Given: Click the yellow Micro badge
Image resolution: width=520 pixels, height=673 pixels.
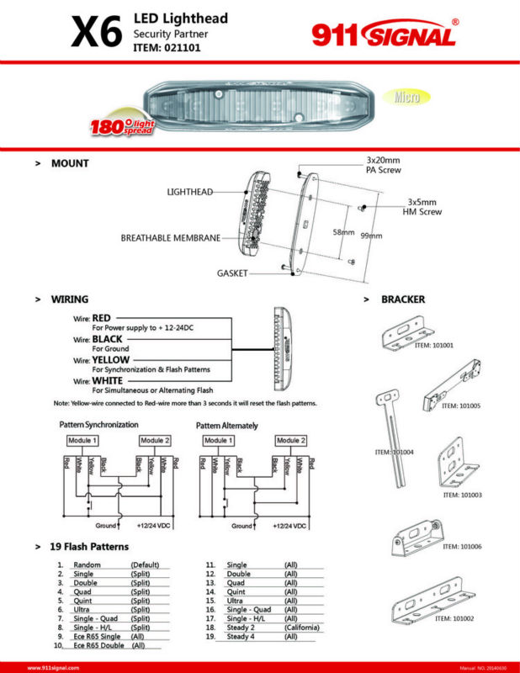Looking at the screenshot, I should (x=407, y=97).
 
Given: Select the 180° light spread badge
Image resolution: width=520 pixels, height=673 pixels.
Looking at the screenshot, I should (x=125, y=125).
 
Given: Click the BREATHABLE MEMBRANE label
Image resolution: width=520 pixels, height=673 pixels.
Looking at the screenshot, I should (x=171, y=238).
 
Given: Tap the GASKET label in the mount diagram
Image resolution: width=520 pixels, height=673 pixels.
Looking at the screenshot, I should (x=232, y=273).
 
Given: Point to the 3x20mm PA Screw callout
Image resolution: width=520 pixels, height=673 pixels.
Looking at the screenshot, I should (x=384, y=164).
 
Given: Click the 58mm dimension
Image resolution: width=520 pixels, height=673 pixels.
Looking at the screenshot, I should (x=342, y=232).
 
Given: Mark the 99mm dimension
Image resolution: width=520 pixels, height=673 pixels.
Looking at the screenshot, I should (x=370, y=236).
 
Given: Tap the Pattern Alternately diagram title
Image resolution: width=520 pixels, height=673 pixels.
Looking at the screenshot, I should (x=227, y=426).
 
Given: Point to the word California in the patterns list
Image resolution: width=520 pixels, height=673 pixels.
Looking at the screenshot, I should (x=302, y=628).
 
